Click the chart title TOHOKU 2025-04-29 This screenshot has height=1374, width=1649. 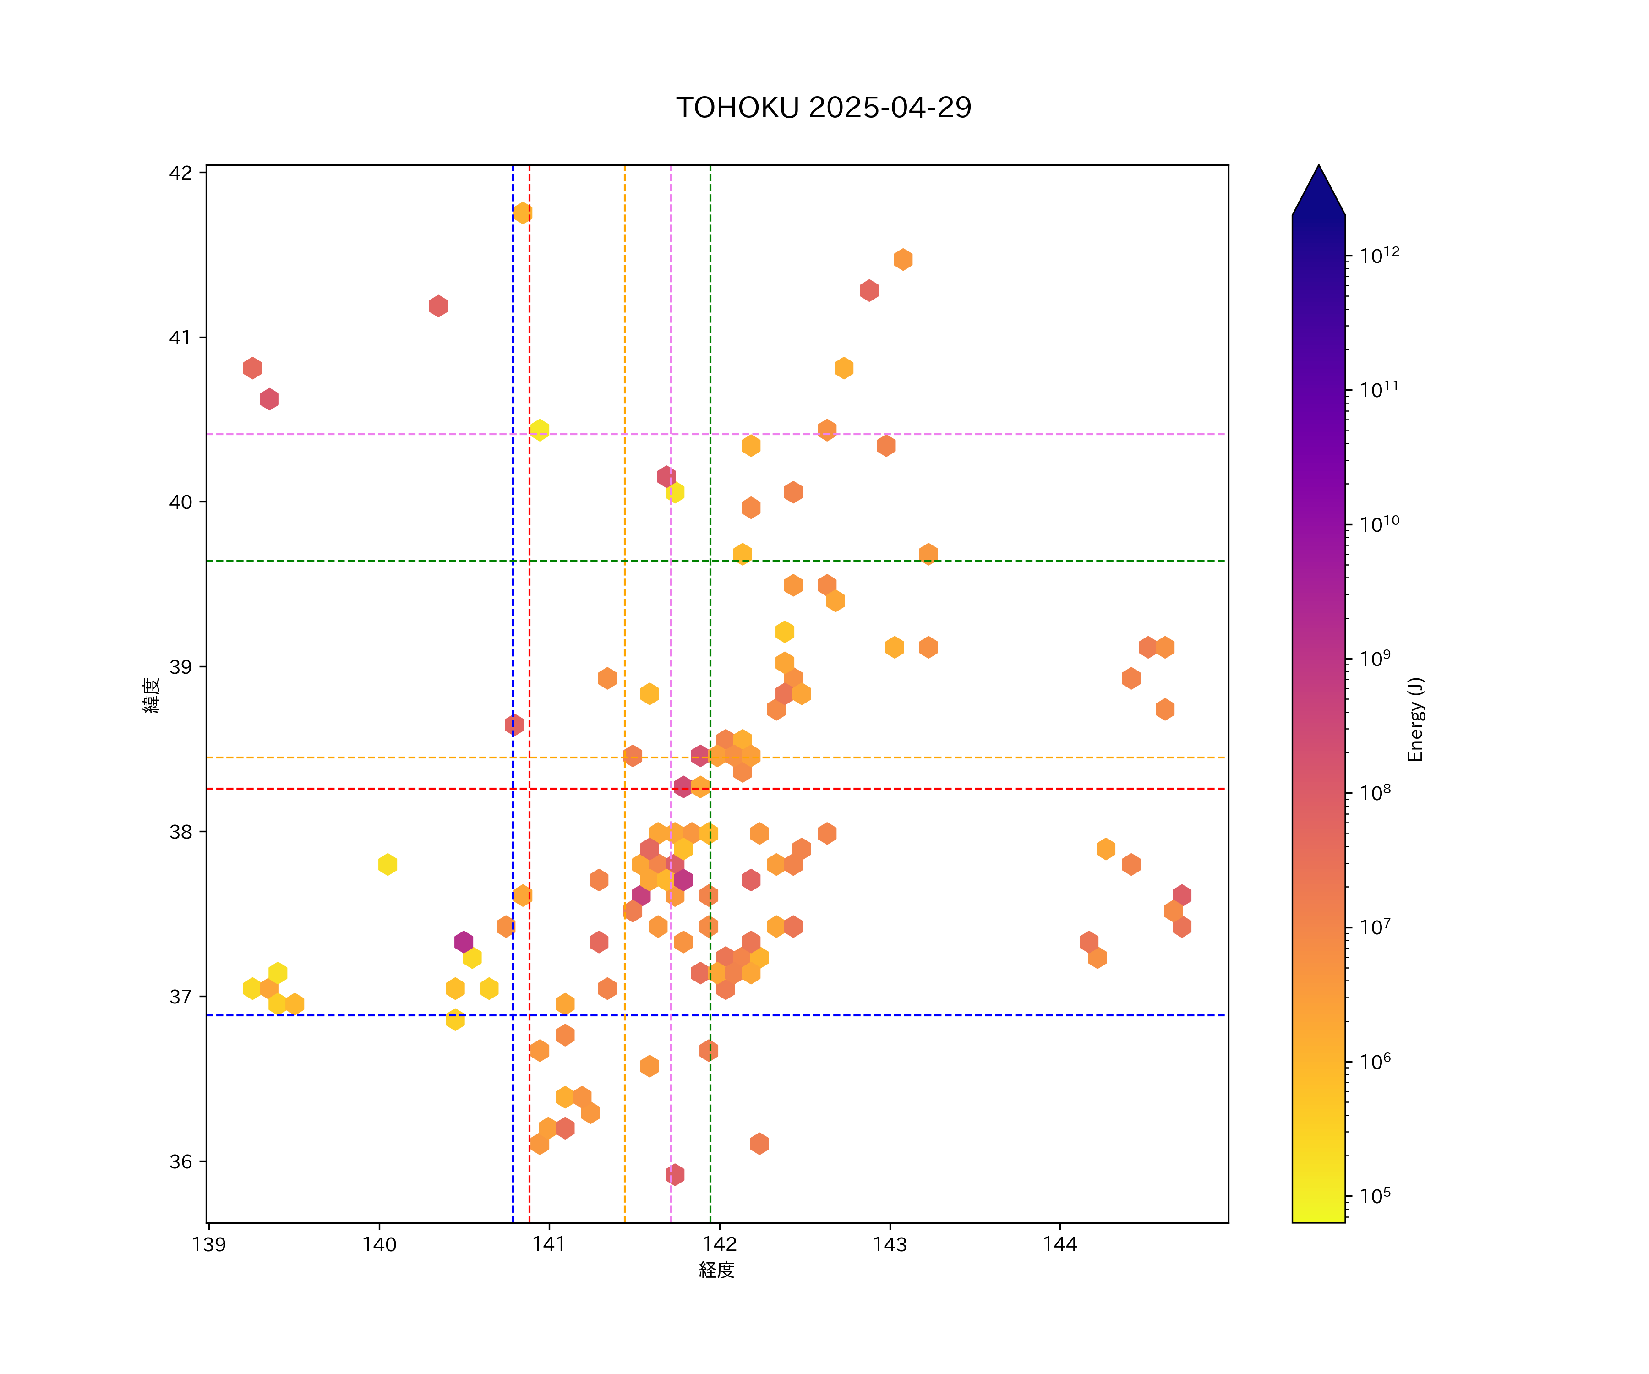click(824, 108)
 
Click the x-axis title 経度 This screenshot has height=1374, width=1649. click(716, 1270)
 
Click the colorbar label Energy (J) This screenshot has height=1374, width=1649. click(1415, 719)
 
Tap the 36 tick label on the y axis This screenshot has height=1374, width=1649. click(180, 1161)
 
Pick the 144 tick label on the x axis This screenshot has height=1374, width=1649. click(1060, 1244)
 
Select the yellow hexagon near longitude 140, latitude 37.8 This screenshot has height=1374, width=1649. click(387, 864)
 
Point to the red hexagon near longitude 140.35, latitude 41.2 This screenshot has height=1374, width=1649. click(438, 305)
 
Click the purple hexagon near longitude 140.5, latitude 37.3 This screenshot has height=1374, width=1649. click(463, 941)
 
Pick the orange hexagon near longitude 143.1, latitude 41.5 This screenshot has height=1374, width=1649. click(903, 259)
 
